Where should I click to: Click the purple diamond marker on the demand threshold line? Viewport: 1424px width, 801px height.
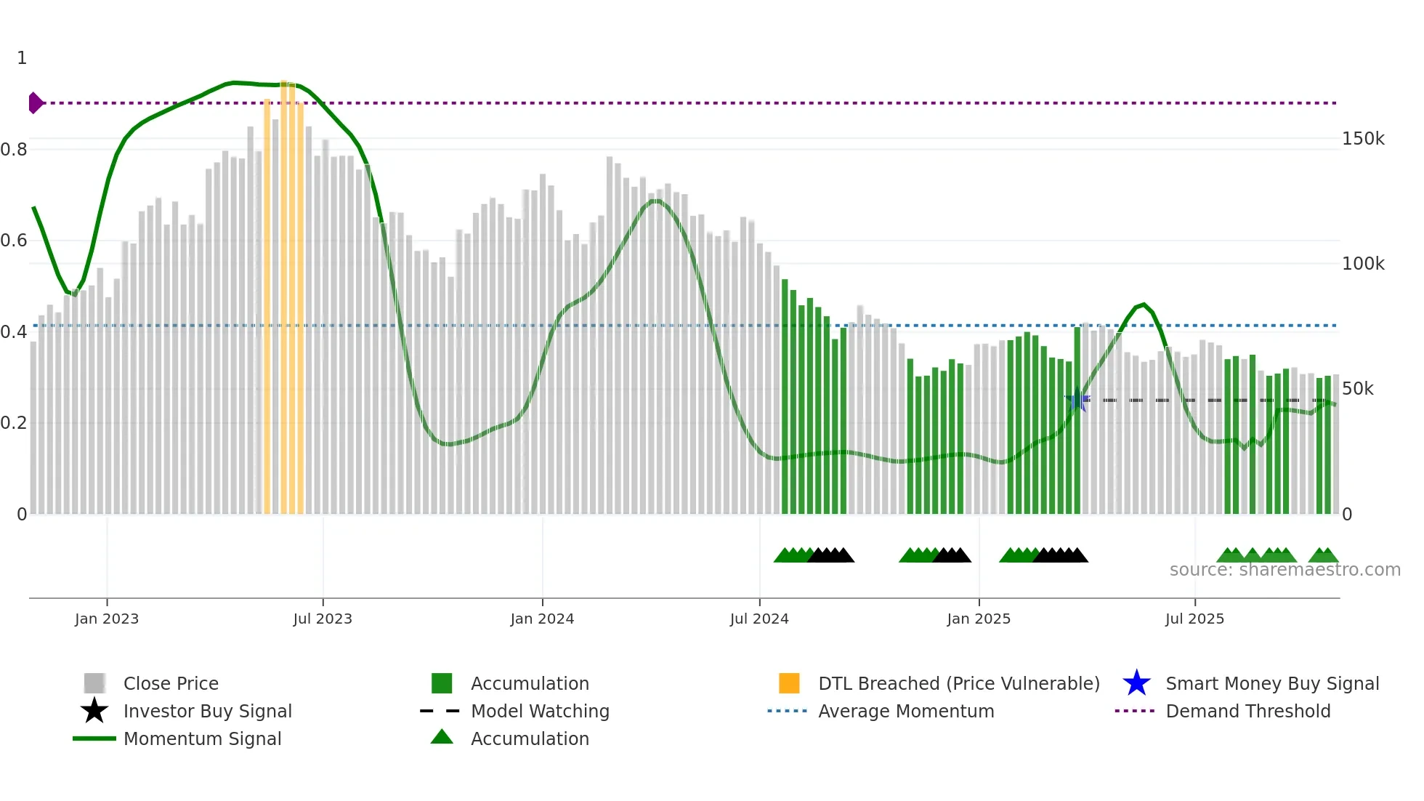point(35,103)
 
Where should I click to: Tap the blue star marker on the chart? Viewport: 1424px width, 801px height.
point(1077,400)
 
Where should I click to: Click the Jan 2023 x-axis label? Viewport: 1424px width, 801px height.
point(107,619)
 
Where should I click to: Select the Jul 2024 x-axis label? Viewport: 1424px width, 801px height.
point(759,619)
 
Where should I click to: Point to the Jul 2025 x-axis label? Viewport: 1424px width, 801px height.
point(1194,619)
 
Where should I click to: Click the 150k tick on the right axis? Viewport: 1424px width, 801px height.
point(1363,139)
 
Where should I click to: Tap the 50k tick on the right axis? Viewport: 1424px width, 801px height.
point(1357,389)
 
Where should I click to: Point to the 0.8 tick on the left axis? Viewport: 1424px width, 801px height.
point(14,150)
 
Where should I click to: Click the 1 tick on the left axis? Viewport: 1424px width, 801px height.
point(22,58)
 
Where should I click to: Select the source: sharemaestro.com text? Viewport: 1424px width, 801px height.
point(1285,570)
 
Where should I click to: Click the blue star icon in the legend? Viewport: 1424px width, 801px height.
point(1136,683)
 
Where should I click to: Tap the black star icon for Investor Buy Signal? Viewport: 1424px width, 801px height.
point(94,711)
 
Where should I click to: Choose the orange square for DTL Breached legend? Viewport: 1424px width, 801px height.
point(789,683)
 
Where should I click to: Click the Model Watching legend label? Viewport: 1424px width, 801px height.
point(540,711)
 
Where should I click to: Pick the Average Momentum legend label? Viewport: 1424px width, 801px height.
point(906,711)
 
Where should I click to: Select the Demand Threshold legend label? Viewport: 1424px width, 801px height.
point(1247,711)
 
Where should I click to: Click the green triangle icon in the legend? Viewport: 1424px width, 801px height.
point(442,738)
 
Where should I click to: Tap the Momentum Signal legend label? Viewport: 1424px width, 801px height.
point(202,738)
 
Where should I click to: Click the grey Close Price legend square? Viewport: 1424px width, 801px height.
point(94,683)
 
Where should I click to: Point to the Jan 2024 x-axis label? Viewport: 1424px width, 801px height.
point(542,619)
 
